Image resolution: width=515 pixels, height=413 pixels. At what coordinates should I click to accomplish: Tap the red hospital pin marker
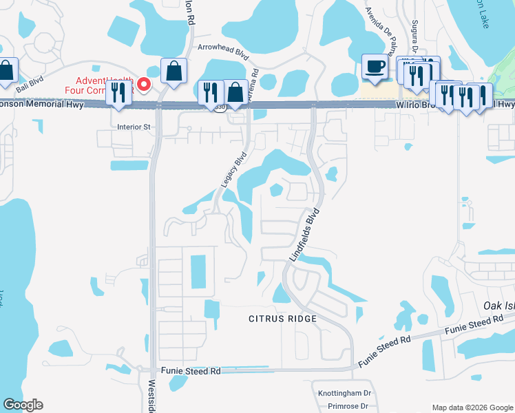pyautogui.click(x=144, y=85)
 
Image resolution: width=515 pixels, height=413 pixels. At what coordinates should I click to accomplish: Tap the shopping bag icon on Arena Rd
pyautogui.click(x=235, y=92)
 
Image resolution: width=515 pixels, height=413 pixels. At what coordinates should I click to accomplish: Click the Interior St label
pyautogui.click(x=134, y=127)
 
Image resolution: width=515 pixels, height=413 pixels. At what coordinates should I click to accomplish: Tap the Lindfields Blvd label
pyautogui.click(x=303, y=234)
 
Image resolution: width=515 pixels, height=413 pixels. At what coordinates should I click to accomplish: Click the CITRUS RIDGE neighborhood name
pyautogui.click(x=283, y=319)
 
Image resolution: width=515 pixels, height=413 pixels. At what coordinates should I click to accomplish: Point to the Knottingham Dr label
pyautogui.click(x=344, y=393)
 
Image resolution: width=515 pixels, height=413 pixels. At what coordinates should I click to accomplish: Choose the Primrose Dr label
pyautogui.click(x=348, y=406)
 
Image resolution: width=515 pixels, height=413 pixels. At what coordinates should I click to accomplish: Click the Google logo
pyautogui.click(x=23, y=405)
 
